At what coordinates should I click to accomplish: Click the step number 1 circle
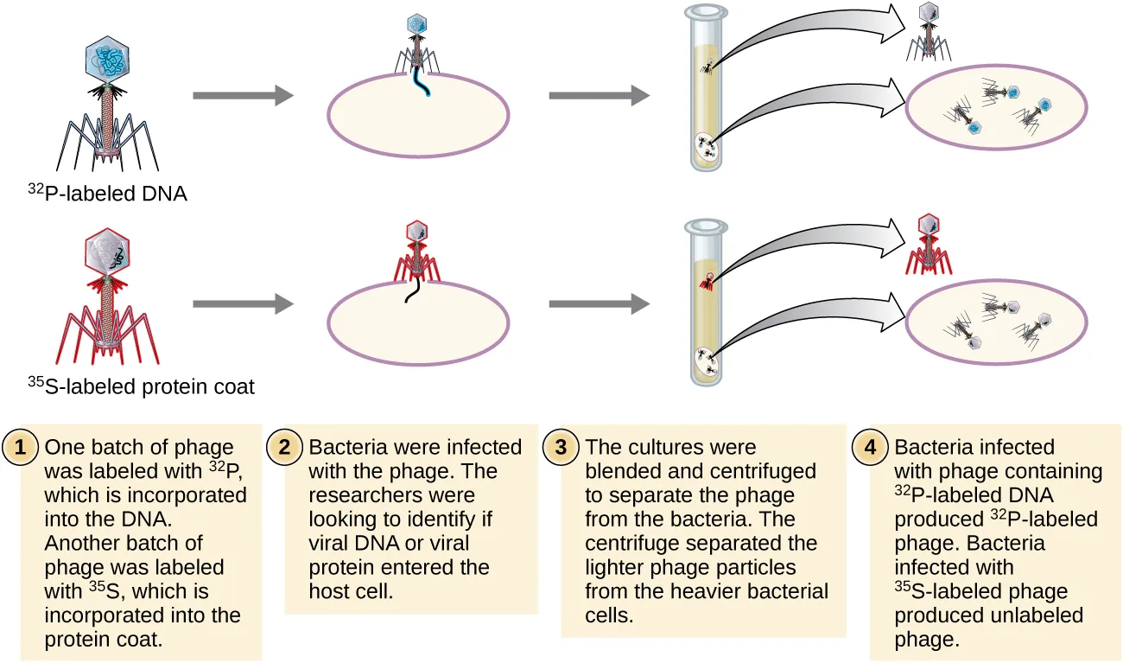22,448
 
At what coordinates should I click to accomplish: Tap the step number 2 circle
287,448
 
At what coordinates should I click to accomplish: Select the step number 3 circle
562,448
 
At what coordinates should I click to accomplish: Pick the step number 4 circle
872,448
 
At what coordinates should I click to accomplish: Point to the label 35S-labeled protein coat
141,386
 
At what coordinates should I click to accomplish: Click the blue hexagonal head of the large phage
108,61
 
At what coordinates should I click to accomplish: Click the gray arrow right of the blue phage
243,95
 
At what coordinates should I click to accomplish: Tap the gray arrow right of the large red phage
243,304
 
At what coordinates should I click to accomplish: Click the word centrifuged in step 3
770,471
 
